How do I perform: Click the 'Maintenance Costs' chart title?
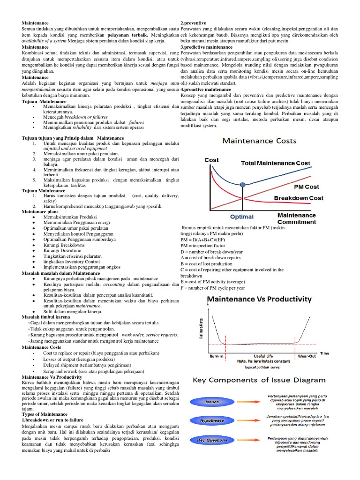(259, 140)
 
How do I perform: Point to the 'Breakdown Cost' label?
(299, 198)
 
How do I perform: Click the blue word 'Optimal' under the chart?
(241, 217)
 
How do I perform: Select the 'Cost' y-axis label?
(211, 160)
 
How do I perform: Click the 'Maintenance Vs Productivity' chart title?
(259, 298)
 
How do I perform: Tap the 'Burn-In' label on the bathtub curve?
(216, 356)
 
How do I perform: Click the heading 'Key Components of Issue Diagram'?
(259, 380)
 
